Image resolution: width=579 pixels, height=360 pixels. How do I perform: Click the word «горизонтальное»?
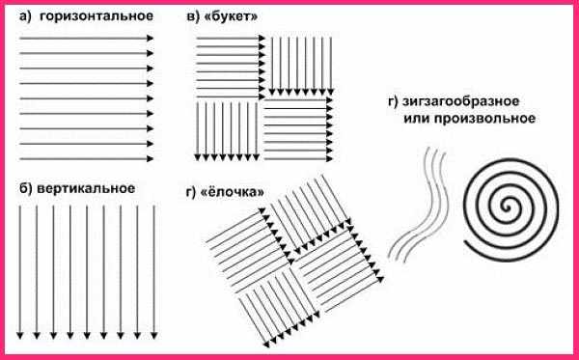tap(96, 17)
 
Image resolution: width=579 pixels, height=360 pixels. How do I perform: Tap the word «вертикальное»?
tap(86, 188)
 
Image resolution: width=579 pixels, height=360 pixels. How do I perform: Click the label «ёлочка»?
tap(234, 192)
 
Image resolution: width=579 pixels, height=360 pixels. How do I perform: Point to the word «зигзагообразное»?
tap(461, 101)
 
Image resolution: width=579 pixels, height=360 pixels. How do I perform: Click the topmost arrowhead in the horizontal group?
tap(150, 38)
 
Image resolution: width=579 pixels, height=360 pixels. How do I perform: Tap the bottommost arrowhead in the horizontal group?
tap(150, 159)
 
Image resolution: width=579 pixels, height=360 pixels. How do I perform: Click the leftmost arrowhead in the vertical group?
tap(20, 336)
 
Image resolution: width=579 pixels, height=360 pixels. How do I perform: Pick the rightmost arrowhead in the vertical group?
tap(154, 336)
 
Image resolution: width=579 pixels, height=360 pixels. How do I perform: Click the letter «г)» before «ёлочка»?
tap(195, 193)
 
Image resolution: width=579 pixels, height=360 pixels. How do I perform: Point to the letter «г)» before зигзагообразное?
tap(394, 102)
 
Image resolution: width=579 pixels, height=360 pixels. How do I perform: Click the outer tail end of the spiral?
tap(465, 243)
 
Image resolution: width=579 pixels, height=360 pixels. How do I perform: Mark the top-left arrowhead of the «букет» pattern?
tap(262, 38)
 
